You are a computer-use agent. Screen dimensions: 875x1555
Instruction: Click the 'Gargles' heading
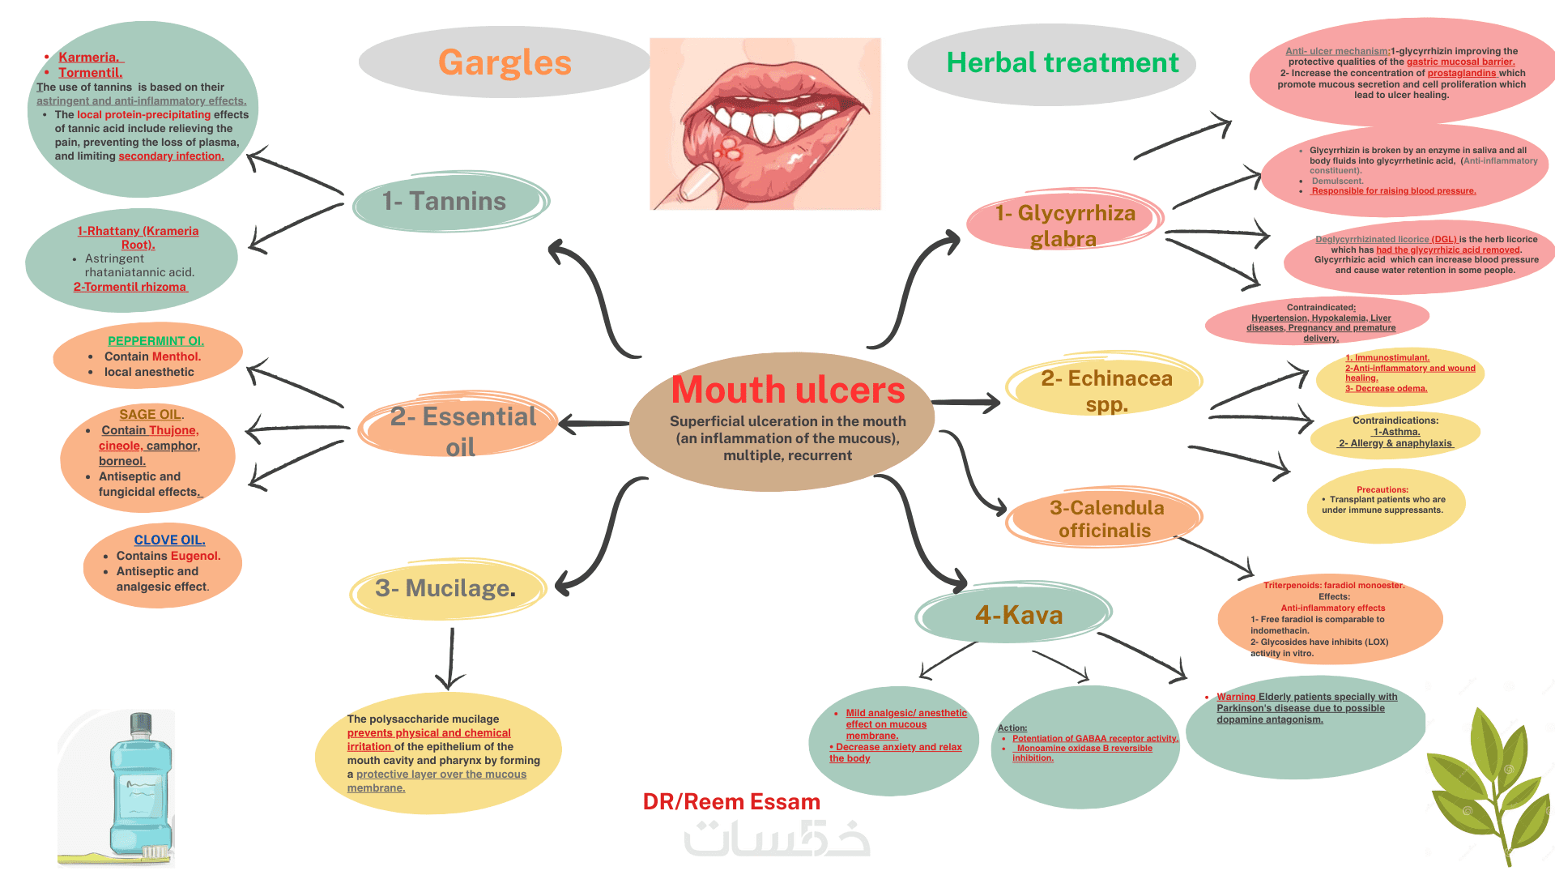click(x=505, y=63)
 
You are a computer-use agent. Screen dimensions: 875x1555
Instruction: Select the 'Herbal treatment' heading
click(x=1062, y=63)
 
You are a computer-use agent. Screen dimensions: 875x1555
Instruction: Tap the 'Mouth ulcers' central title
click(x=787, y=391)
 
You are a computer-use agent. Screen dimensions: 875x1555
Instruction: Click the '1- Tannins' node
click(x=444, y=201)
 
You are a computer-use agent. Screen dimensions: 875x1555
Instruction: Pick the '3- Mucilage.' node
click(x=445, y=588)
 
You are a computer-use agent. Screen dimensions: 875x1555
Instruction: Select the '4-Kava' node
click(x=1018, y=615)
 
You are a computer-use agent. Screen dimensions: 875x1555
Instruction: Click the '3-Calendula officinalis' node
click(x=1106, y=519)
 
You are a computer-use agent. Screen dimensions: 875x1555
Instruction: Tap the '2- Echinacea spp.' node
click(x=1106, y=391)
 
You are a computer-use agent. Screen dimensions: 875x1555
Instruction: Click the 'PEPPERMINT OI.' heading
click(x=155, y=341)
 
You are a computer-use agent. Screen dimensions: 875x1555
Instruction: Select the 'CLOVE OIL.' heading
click(x=169, y=540)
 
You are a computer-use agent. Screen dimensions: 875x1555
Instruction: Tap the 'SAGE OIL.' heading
click(x=151, y=414)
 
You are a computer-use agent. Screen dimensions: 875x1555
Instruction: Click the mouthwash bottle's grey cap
click(x=141, y=723)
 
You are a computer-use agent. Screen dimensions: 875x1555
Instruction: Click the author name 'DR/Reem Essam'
click(x=731, y=802)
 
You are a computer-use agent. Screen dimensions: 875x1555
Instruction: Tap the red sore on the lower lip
click(x=731, y=151)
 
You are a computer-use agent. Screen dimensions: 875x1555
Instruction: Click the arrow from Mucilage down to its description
click(x=450, y=658)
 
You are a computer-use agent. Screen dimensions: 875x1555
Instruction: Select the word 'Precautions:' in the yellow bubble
click(x=1382, y=489)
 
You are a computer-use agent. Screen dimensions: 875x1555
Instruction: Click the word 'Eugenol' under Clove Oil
click(x=195, y=556)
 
